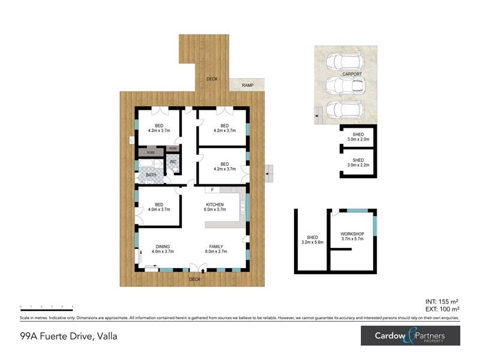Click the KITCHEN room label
215,205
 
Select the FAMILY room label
216,247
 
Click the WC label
172,162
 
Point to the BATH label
151,175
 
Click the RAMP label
247,85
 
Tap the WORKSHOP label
352,233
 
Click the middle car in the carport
341,85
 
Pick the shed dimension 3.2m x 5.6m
313,242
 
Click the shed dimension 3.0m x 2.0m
358,139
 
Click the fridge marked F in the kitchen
212,190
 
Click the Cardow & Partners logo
410,335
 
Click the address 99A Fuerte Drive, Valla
68,336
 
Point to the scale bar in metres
46,307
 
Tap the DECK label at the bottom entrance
194,279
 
